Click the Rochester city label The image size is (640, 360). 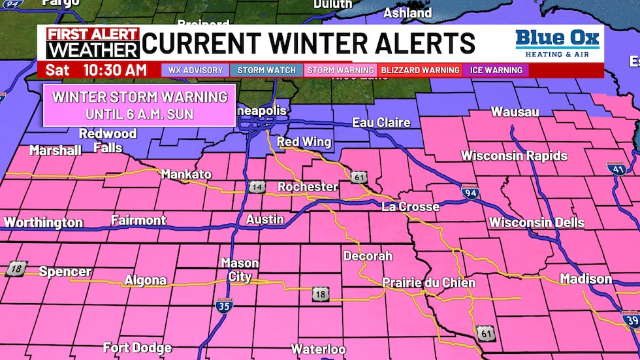pos(308,187)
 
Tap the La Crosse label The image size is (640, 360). pos(410,206)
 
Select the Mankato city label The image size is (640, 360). pos(186,174)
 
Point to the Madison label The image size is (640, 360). pos(586,279)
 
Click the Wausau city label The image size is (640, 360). pos(515,112)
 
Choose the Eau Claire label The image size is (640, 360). pos(381,122)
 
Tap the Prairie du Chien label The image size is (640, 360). pos(428,283)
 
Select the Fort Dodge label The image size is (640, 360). pos(137,348)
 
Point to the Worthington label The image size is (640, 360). pos(44,222)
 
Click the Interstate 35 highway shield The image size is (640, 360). pos(224,304)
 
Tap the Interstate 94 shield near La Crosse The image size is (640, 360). pos(470,191)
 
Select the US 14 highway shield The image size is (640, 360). pos(255,188)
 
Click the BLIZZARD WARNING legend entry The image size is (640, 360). pos(420,70)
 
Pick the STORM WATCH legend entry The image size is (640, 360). pos(266,70)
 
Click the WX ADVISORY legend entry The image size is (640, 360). pos(195,70)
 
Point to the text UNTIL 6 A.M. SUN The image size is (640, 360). pos(140,113)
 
